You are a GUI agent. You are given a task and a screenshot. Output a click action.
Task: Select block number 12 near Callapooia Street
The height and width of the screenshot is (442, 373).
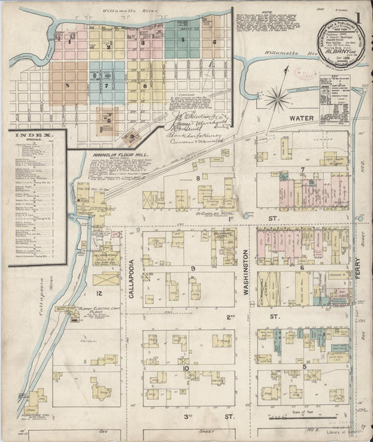click(x=99, y=292)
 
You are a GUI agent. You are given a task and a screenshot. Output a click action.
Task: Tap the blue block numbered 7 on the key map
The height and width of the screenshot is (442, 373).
click(x=107, y=85)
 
